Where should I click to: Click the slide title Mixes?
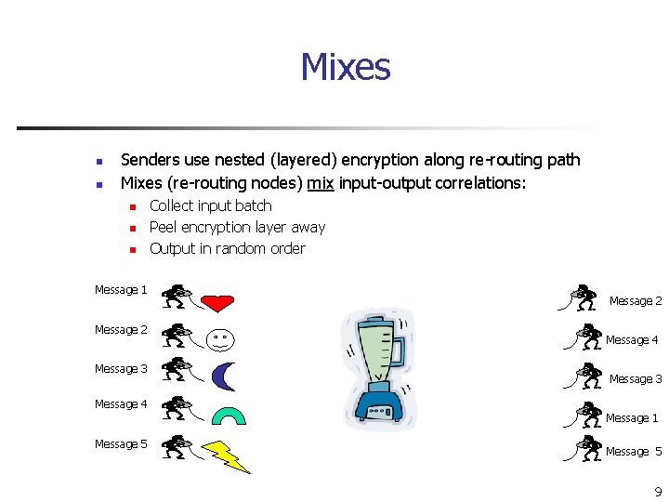[x=345, y=68]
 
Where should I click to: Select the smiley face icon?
[x=220, y=339]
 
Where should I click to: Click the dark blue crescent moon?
[x=224, y=376]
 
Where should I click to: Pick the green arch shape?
[x=229, y=415]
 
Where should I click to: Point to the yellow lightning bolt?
[x=227, y=456]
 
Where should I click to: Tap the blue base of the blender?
[x=380, y=404]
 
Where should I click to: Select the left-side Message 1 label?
[x=121, y=290]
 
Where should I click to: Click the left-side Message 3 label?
[x=121, y=369]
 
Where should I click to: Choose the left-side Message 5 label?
[x=121, y=444]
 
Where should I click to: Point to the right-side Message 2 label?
[x=636, y=301]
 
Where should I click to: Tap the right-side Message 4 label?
[x=632, y=340]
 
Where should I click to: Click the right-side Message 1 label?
[x=632, y=418]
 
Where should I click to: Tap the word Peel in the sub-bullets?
[x=163, y=227]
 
